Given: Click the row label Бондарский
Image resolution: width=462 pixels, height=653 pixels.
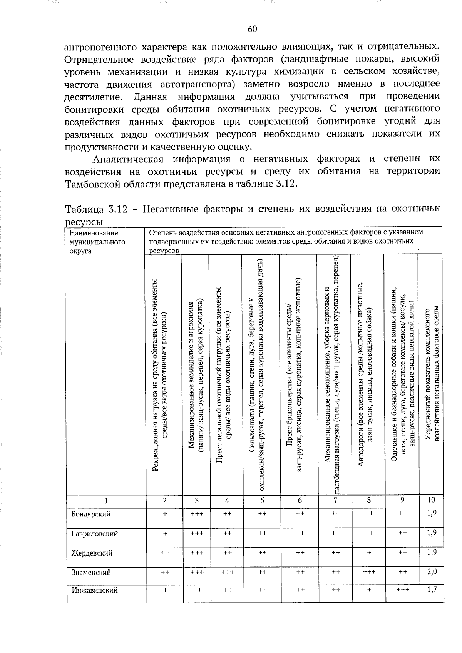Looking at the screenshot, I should (91, 514).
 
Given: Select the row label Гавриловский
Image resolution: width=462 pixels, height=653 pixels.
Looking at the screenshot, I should (95, 534).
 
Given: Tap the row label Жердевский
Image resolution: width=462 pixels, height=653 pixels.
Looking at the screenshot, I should (92, 553).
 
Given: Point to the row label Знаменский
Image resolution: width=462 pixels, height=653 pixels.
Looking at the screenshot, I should (91, 572).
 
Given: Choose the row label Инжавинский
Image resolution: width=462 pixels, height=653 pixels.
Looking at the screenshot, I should (95, 590).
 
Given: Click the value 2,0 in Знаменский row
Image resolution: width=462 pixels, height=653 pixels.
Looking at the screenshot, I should (432, 572).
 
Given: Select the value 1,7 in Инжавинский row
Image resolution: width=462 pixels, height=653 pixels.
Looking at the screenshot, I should (432, 590).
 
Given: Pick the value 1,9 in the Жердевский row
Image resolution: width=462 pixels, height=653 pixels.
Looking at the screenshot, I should (432, 553).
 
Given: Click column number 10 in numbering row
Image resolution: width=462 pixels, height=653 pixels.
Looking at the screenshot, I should (432, 500).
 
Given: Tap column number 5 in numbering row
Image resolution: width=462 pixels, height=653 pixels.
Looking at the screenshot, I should (262, 501).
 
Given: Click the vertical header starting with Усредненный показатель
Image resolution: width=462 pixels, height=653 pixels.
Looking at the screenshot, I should (431, 375).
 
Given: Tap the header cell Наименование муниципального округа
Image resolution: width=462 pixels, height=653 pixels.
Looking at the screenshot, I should (94, 242).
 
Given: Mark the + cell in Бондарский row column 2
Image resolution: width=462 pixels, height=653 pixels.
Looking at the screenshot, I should (165, 514).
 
